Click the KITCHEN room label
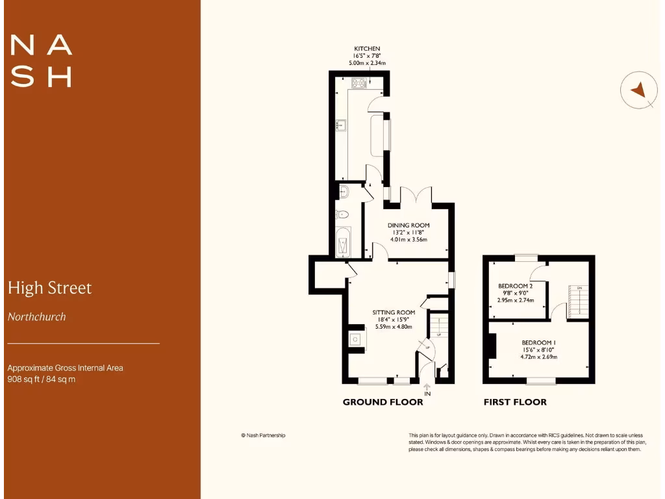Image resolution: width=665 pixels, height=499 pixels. (x=367, y=49)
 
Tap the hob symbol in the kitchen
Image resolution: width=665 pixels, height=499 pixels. (x=359, y=83)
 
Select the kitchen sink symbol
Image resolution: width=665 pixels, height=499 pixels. (x=340, y=124)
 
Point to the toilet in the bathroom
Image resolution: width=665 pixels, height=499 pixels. (x=342, y=214)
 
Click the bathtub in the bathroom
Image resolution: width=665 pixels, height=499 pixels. (x=342, y=242)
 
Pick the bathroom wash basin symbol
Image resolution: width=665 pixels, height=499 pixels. (x=344, y=191)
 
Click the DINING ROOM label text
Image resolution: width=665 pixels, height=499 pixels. (x=409, y=225)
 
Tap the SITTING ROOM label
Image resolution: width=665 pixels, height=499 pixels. (x=394, y=312)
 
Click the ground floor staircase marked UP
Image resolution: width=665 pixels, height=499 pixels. (x=440, y=325)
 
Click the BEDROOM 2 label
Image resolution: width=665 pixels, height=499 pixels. (x=516, y=286)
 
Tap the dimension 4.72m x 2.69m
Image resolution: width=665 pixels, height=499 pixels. (x=538, y=357)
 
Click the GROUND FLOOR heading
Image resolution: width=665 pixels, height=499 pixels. (x=383, y=402)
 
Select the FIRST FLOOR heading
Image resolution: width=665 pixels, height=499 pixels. (x=515, y=402)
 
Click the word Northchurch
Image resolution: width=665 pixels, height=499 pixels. (x=36, y=317)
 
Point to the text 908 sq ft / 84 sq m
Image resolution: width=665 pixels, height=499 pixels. (x=41, y=379)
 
